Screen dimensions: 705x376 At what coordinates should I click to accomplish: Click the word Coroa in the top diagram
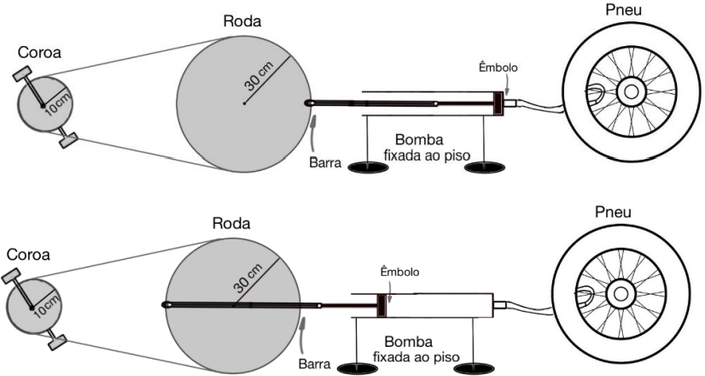pos(39,53)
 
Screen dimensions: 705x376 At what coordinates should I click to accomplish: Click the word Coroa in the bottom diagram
pos(28,255)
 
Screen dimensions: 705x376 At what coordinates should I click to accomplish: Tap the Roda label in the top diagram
pos(242,21)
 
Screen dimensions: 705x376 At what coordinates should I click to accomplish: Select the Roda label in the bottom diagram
pos(231,223)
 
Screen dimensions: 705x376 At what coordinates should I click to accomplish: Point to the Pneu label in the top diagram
pos(624,10)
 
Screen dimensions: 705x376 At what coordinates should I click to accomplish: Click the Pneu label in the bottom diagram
pos(613,212)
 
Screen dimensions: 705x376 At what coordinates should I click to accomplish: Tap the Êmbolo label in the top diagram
pos(498,68)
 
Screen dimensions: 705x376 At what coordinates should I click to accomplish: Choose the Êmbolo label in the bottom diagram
pos(399,272)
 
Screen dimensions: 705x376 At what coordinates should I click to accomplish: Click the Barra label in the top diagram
pos(325,162)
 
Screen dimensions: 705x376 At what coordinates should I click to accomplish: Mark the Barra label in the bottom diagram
pos(314,364)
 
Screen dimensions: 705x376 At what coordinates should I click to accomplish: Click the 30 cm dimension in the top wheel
pos(259,76)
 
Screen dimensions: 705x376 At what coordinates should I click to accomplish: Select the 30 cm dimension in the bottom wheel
pos(248,279)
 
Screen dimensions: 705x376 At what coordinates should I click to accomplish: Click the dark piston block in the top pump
pos(498,103)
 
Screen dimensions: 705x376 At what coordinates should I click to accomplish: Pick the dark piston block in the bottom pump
pos(382,305)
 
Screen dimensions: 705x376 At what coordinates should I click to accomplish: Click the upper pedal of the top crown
pos(22,73)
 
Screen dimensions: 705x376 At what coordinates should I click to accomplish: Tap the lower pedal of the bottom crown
pos(58,341)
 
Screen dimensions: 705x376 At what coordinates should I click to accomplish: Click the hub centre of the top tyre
pos(631,92)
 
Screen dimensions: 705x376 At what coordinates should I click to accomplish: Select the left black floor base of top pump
pos(368,167)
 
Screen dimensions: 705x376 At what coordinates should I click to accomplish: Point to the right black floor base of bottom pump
pos(474,369)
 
